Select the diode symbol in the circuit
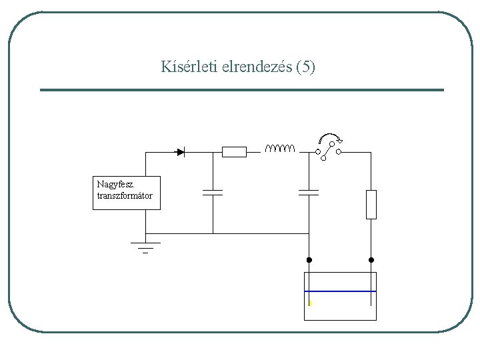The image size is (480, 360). click(x=180, y=152)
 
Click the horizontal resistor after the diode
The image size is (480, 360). click(x=234, y=152)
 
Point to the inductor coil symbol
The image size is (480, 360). click(x=279, y=148)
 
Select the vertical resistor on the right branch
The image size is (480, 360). click(x=371, y=204)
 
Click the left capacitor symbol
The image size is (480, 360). click(x=213, y=193)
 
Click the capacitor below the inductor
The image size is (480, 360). click(x=309, y=193)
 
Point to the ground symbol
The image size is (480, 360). click(x=145, y=247)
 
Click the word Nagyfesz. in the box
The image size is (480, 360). click(x=114, y=184)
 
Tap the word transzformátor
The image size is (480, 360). click(x=125, y=195)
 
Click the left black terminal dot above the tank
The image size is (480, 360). click(x=309, y=259)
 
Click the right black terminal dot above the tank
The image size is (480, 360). click(x=371, y=259)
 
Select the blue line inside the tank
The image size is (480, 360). click(x=340, y=291)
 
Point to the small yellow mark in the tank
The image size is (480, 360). click(x=310, y=303)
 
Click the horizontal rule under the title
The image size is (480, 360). click(x=241, y=90)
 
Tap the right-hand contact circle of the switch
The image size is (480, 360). click(x=339, y=152)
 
